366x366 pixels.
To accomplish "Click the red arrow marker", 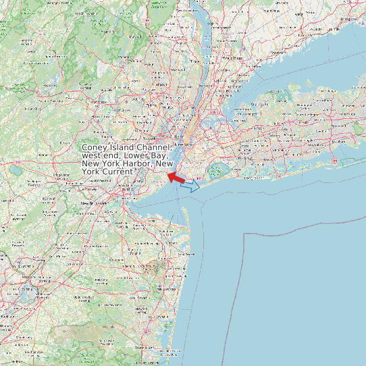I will point(177,178).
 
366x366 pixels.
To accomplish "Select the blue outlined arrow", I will point(190,186).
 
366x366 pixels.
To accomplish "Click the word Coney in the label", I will point(94,148).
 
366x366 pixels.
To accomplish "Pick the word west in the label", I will point(92,156).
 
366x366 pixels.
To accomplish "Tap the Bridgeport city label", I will point(349,19).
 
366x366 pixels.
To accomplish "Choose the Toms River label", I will point(146,347).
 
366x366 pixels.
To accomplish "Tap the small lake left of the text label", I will point(14,170).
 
